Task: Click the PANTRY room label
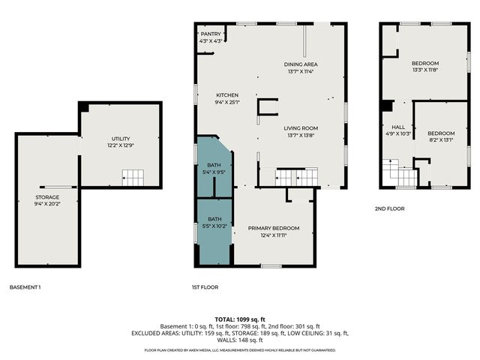tap(210, 34)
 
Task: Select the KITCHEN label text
tap(227, 95)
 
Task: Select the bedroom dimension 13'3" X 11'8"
tap(424, 70)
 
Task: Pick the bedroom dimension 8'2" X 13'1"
tap(440, 139)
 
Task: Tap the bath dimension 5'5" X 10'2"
tap(214, 226)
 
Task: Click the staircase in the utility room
tap(133, 178)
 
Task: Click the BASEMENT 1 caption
tap(25, 287)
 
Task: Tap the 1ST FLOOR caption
tap(204, 287)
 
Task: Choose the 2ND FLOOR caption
tap(390, 208)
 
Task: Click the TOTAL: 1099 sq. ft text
tap(240, 319)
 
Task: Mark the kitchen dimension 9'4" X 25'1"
tap(227, 103)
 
